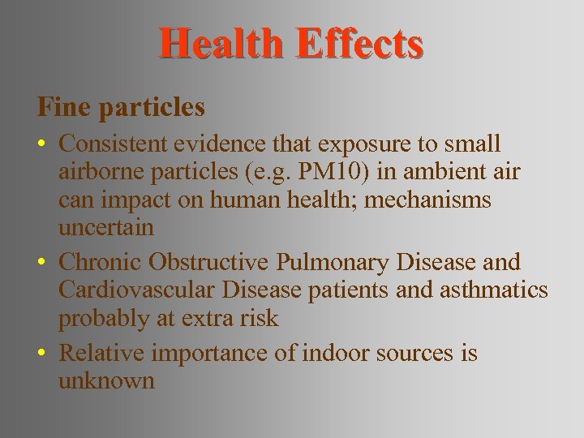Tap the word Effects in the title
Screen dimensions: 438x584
pyautogui.click(x=359, y=44)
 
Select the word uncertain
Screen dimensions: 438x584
pyautogui.click(x=105, y=228)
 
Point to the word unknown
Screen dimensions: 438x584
pyautogui.click(x=105, y=381)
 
